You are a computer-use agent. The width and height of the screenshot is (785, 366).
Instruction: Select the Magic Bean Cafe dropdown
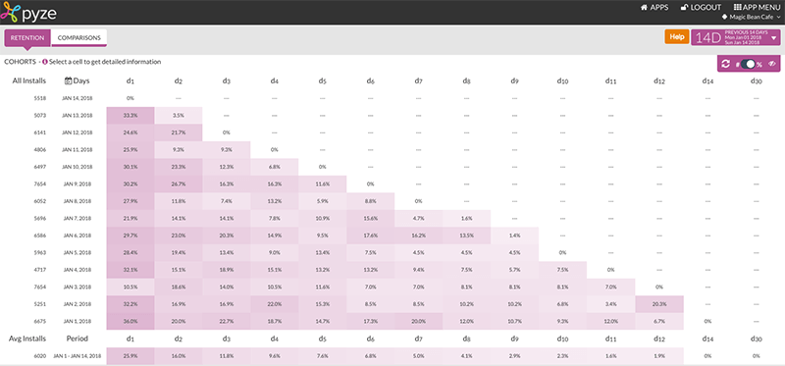(x=752, y=18)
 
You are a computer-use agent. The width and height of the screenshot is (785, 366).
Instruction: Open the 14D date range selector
(x=736, y=37)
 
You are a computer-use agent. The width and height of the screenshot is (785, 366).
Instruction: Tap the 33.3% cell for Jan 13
(x=130, y=115)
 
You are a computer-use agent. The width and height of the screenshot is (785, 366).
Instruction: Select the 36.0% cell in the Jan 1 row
(x=130, y=321)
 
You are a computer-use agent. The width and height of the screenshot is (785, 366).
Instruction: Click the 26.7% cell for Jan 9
(x=178, y=183)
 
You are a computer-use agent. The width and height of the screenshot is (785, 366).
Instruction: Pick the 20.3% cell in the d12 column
(x=658, y=304)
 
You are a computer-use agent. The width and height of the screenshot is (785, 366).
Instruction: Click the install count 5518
(x=40, y=98)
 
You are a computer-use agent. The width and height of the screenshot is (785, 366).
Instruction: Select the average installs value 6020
(x=40, y=356)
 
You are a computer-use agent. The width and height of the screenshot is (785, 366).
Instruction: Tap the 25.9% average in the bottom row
(x=130, y=356)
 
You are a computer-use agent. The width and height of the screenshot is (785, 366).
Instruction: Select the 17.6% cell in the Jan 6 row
(x=370, y=235)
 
